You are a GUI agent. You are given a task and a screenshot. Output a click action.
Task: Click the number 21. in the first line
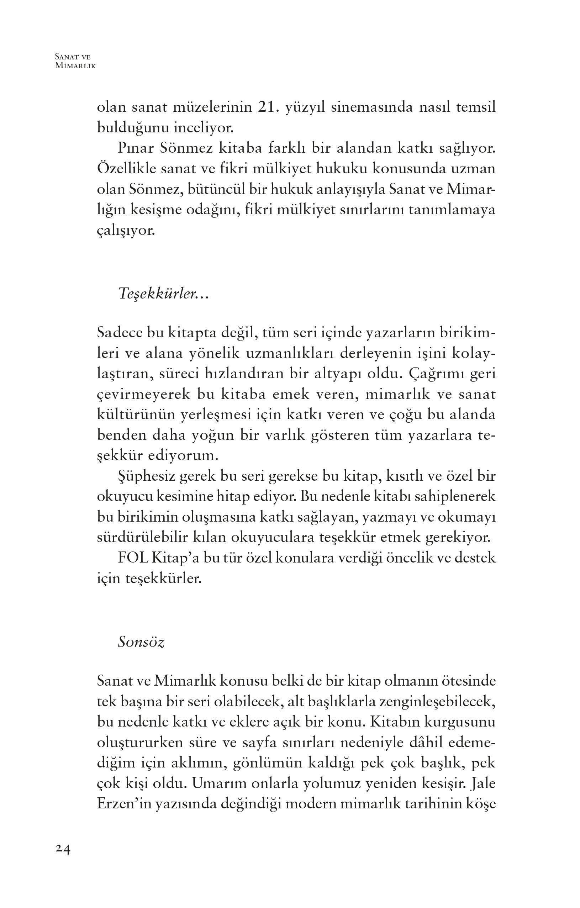pos(269,107)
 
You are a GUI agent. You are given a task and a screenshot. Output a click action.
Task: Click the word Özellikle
pos(126,168)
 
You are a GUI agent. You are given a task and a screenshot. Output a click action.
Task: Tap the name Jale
pos(483,784)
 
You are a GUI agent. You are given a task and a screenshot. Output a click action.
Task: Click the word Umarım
pos(213,784)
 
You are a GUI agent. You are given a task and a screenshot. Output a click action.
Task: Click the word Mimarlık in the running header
pos(75,66)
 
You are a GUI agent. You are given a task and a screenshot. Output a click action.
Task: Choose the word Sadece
pos(119,333)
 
